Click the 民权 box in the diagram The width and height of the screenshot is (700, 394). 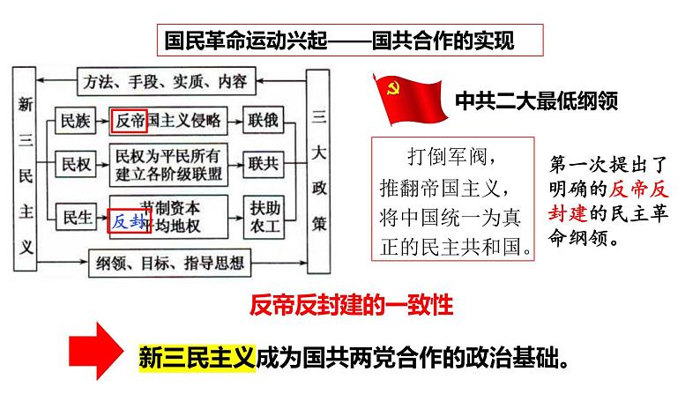(x=71, y=163)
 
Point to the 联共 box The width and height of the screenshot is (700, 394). (x=264, y=163)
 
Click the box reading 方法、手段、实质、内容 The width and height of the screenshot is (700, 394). (x=165, y=82)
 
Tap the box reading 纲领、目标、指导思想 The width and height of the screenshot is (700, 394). (x=165, y=260)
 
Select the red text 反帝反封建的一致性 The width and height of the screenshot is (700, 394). (x=351, y=305)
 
